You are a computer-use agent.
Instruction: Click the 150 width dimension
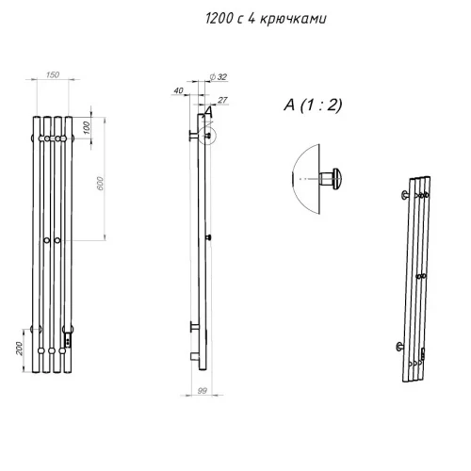click(x=52, y=74)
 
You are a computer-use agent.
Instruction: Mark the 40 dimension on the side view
click(x=178, y=91)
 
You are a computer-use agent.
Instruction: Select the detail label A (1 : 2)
click(x=312, y=106)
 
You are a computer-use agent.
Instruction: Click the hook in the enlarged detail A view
click(x=332, y=177)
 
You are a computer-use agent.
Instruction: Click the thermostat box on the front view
click(x=68, y=333)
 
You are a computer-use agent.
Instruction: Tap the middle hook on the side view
click(x=208, y=236)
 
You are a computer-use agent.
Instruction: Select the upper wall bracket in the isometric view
click(x=405, y=195)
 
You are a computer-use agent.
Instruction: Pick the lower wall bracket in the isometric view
click(x=404, y=345)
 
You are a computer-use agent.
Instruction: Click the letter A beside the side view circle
click(x=209, y=111)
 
